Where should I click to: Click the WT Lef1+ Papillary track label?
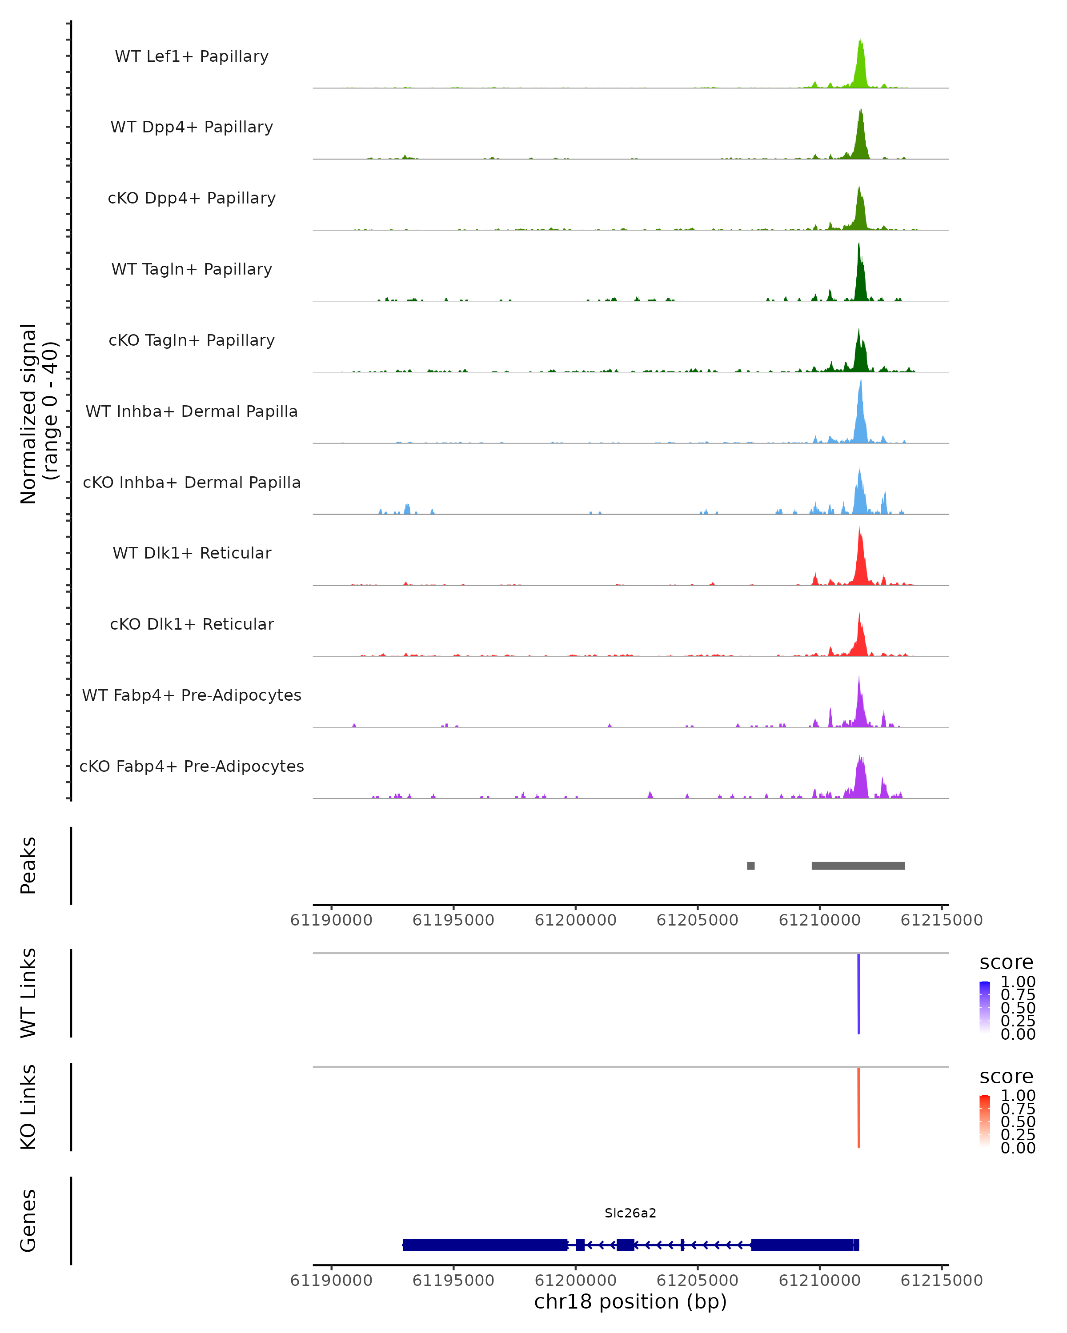click(x=192, y=56)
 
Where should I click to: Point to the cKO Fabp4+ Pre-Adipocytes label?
click(x=192, y=766)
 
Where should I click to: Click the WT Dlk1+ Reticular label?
click(x=192, y=553)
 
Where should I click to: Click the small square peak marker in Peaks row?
click(x=750, y=866)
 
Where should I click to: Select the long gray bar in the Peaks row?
click(x=858, y=866)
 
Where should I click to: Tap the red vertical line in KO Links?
click(x=858, y=1107)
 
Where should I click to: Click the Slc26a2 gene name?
click(x=630, y=1213)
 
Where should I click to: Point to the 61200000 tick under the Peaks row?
click(x=575, y=920)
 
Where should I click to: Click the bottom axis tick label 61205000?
click(x=697, y=1281)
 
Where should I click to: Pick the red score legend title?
click(x=1007, y=1077)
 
